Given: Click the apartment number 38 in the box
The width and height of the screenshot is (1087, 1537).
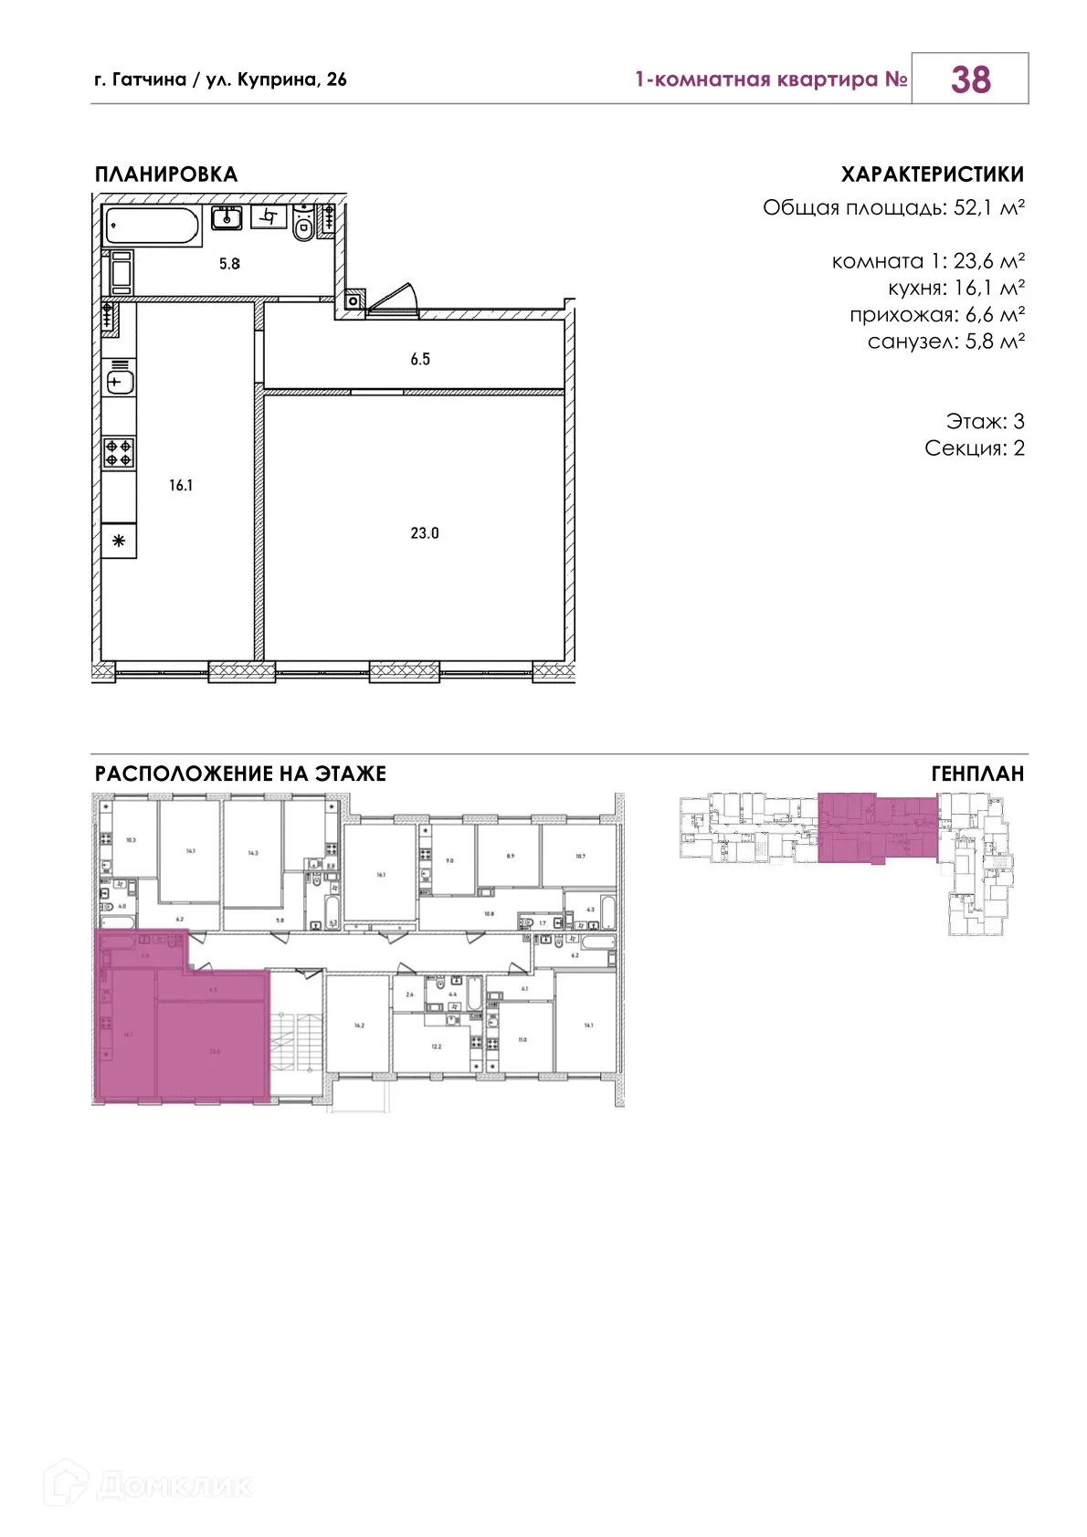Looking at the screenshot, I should click(970, 79).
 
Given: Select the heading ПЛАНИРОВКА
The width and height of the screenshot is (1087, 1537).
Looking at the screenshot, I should click(166, 174).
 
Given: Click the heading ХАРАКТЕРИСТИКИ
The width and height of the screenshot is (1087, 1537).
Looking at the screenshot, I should click(932, 174).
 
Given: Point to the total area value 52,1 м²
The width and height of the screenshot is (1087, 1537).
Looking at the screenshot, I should click(988, 207).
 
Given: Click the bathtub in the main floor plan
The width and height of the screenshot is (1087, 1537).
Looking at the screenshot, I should click(153, 226).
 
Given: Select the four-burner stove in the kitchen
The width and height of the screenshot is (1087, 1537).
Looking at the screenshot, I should click(119, 453).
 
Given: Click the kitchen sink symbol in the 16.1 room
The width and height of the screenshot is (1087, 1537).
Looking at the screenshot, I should click(120, 383).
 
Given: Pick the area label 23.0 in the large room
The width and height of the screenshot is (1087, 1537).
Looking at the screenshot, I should click(425, 533).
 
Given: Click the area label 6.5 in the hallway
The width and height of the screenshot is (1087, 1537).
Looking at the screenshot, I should click(420, 360).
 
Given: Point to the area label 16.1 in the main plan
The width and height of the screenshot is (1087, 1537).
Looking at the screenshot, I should click(181, 486).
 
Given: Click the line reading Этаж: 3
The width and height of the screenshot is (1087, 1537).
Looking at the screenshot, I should click(985, 422).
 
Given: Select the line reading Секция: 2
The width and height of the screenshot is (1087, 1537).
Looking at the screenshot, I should click(974, 448).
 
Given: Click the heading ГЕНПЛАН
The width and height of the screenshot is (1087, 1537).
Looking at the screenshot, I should click(977, 774).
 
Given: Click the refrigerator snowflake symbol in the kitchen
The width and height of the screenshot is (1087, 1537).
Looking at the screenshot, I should click(119, 542).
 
